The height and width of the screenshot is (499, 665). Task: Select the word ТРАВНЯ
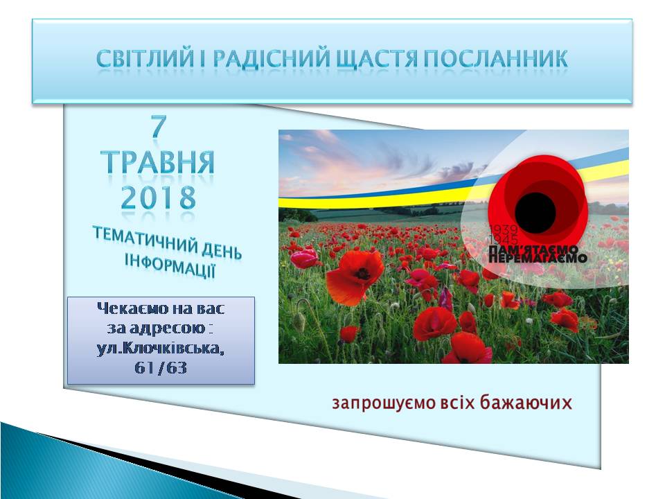pyautogui.click(x=158, y=161)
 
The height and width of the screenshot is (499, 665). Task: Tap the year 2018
pyautogui.click(x=159, y=198)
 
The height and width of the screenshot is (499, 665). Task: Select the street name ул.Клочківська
pyautogui.click(x=161, y=349)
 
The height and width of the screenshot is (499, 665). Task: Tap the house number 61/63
pyautogui.click(x=161, y=368)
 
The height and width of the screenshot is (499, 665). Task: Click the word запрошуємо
pyautogui.click(x=384, y=403)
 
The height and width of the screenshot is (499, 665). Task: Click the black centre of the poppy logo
pyautogui.click(x=535, y=212)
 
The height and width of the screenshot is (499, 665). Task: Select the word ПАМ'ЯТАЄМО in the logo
pyautogui.click(x=533, y=249)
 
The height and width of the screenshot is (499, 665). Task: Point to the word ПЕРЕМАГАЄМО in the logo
pyautogui.click(x=538, y=258)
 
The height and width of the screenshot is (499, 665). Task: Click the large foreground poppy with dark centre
pyautogui.click(x=355, y=277)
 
